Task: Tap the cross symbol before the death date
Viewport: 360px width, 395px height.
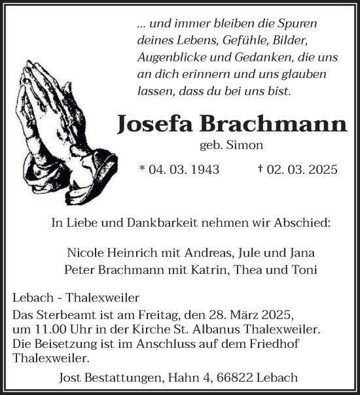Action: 261,169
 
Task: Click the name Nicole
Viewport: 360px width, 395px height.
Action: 84,252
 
